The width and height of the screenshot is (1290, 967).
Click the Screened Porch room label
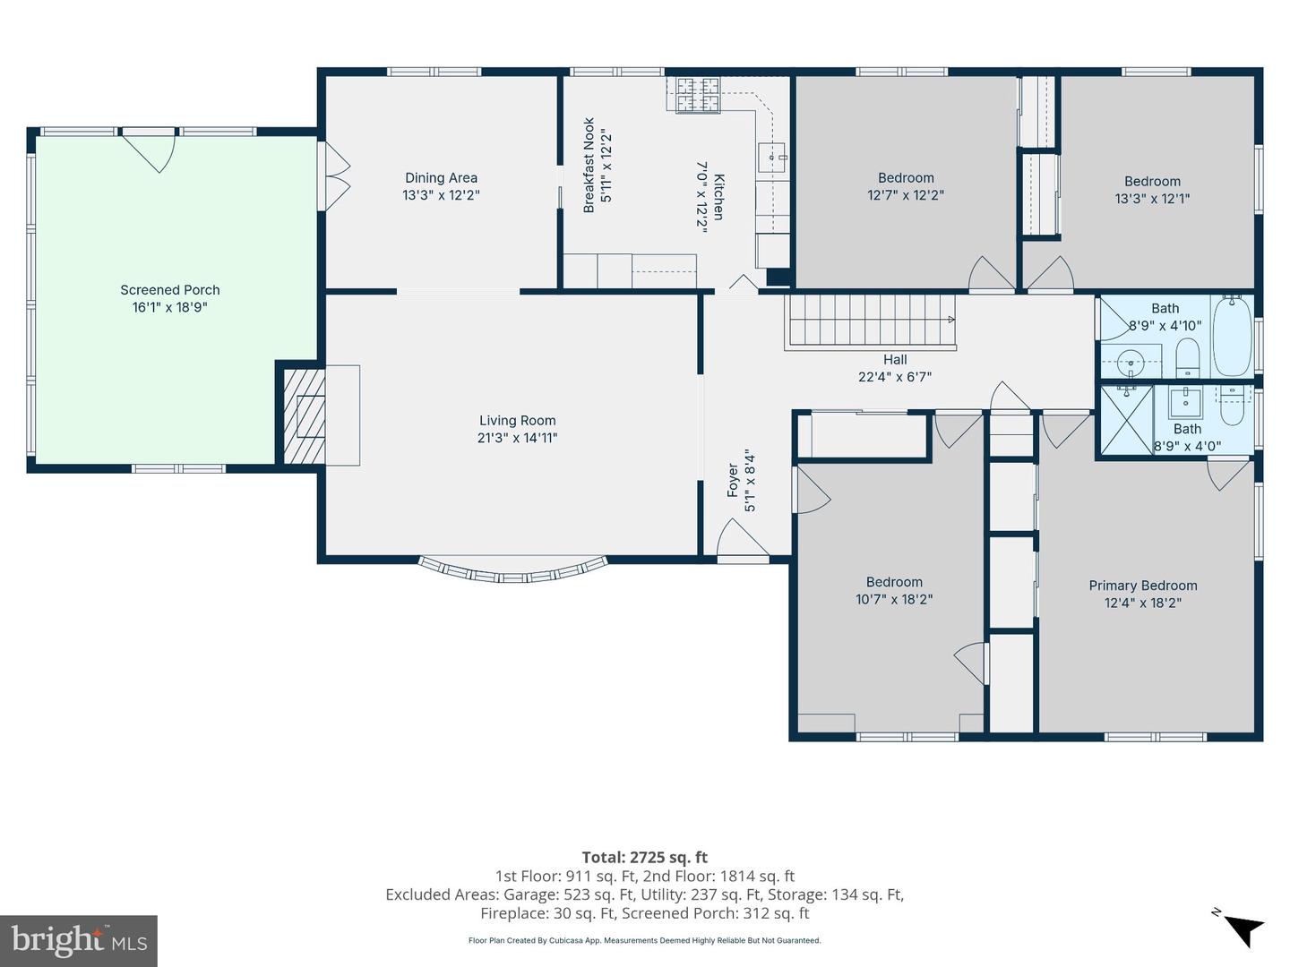(170, 290)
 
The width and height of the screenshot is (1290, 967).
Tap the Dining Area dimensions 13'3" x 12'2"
(441, 195)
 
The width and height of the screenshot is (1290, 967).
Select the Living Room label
(517, 421)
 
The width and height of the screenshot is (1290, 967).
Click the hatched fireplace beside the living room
(305, 415)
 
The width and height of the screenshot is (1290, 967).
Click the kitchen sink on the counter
(771, 158)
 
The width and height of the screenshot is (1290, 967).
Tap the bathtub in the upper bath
(1232, 337)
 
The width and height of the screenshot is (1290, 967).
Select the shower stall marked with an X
(1126, 420)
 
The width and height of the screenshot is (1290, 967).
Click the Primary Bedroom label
(1142, 586)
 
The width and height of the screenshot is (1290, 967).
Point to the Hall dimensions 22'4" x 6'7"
(894, 377)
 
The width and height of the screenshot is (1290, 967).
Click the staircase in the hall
(871, 322)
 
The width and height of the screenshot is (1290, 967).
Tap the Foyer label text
(732, 480)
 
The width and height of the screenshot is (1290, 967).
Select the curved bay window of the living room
(513, 571)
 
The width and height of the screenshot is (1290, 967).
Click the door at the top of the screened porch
(149, 151)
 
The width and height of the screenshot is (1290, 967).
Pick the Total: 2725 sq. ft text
(644, 858)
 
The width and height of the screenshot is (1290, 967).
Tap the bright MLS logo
(79, 940)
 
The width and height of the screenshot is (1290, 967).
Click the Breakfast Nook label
(589, 166)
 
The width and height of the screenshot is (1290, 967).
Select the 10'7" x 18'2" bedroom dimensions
(894, 600)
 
